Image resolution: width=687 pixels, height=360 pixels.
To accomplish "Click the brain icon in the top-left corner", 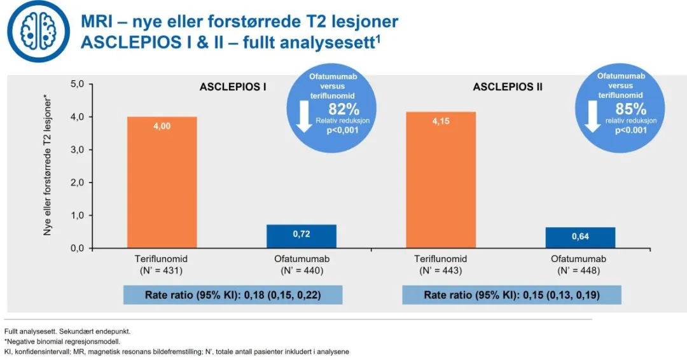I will coord(36,31).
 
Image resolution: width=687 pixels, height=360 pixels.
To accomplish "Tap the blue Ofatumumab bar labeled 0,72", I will coord(301,236).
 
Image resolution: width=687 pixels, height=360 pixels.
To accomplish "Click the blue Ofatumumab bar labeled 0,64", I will coord(580,237).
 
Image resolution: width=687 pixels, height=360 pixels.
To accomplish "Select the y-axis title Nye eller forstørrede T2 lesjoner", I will coord(48,166).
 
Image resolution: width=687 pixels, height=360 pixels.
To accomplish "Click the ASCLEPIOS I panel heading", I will coord(233,87).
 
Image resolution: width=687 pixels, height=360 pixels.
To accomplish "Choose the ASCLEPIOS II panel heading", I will coord(508,87).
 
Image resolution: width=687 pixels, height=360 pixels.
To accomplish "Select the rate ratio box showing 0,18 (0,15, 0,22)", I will coord(233,295).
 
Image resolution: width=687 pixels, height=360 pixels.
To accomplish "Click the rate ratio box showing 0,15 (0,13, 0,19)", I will coord(511,295).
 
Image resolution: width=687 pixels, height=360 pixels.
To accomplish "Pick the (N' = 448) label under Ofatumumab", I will coord(580,271).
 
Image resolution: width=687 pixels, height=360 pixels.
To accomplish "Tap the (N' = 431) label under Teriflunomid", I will coord(162,271).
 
